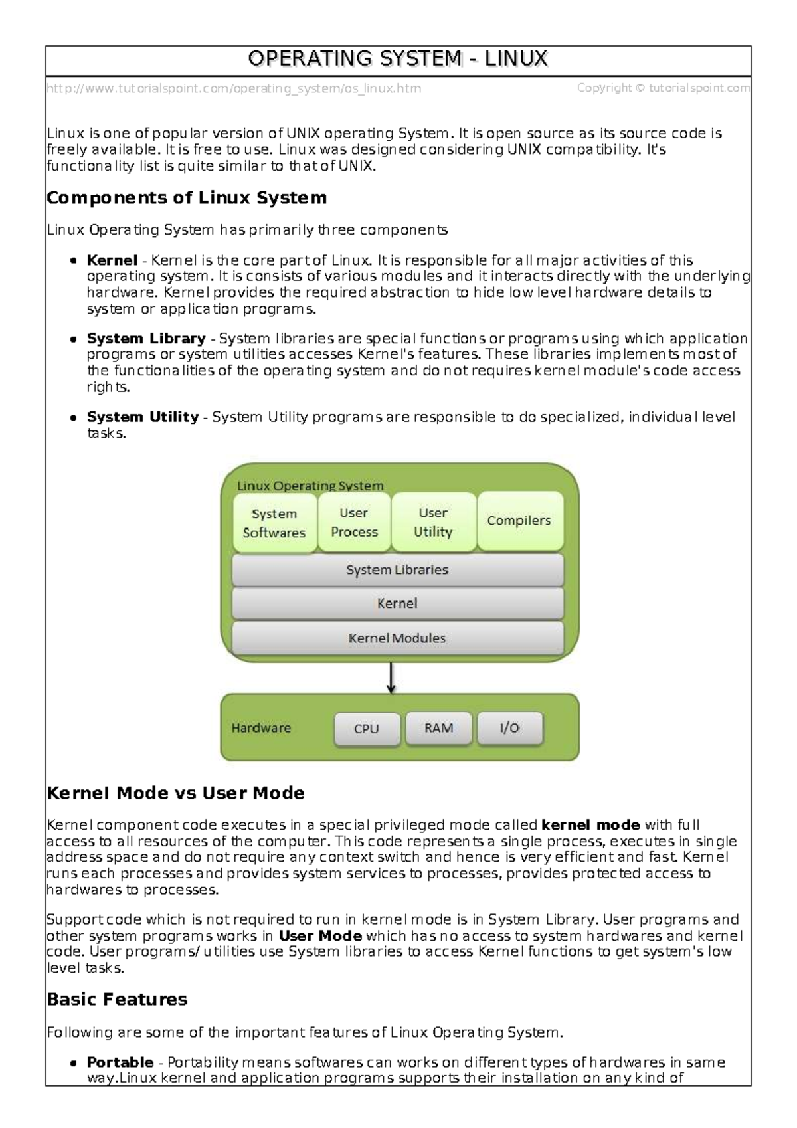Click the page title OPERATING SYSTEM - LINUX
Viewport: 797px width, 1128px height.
(x=397, y=59)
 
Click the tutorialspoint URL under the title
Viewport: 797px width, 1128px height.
(x=234, y=88)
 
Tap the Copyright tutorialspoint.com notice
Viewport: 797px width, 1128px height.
(x=663, y=88)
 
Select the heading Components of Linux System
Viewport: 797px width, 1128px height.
(x=187, y=198)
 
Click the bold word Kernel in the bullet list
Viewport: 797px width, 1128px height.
(x=112, y=260)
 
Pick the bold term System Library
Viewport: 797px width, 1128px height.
(x=146, y=339)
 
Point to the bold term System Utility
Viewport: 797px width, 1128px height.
(x=143, y=417)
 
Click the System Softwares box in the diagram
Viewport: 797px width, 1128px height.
(x=274, y=523)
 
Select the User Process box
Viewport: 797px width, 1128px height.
(x=354, y=522)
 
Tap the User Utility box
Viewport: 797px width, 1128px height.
(x=433, y=522)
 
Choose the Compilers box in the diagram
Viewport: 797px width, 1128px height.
(x=519, y=521)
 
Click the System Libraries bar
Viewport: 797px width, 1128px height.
(x=397, y=570)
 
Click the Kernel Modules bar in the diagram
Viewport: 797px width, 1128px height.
(x=397, y=638)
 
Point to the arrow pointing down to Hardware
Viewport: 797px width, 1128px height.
(x=391, y=678)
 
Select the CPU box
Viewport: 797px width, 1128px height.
(x=367, y=729)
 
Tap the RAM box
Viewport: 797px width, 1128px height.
(x=439, y=728)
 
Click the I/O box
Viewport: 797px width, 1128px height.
(x=509, y=728)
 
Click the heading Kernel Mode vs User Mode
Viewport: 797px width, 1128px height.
(x=176, y=793)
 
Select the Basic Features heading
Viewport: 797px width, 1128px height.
(x=118, y=1000)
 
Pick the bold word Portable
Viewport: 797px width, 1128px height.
(x=120, y=1062)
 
